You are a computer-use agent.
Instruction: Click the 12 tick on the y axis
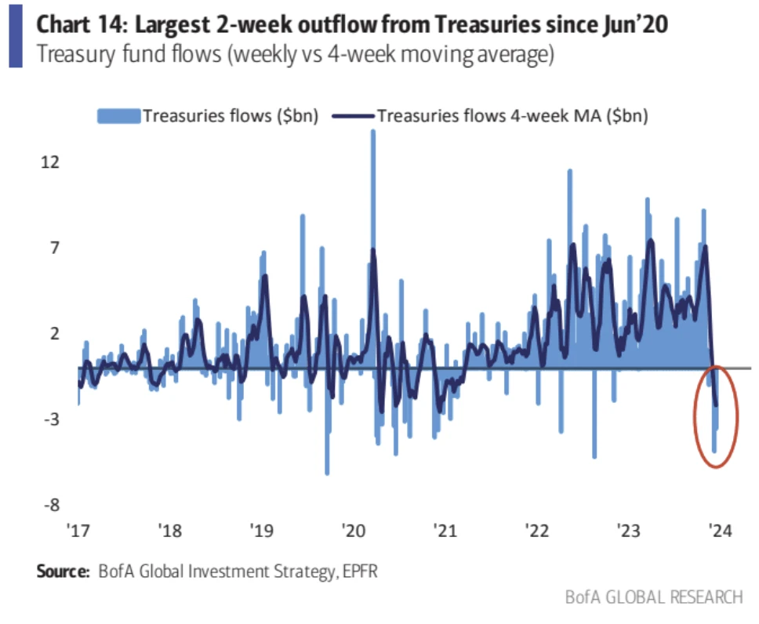tap(50, 161)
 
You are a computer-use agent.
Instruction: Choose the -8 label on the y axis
tap(50, 505)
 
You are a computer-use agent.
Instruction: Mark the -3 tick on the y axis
tap(50, 419)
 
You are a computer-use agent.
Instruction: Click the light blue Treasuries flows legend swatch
tap(118, 116)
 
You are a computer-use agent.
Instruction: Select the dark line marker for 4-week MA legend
tap(353, 116)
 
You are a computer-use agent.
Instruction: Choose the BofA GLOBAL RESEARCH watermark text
tap(653, 597)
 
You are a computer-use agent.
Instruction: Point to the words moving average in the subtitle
tap(481, 56)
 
